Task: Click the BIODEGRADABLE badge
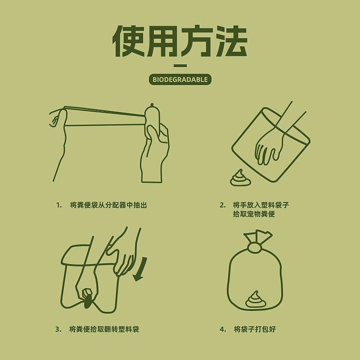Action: point(180,80)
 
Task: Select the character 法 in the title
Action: point(231,41)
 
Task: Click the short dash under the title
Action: point(180,66)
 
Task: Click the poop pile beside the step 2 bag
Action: point(240,178)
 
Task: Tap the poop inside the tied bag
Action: point(256,300)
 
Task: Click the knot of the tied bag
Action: point(255,247)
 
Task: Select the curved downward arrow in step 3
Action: point(141,269)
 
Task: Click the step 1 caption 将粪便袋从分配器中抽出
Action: point(108,205)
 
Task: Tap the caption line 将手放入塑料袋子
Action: point(261,205)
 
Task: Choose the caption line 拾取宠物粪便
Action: point(254,214)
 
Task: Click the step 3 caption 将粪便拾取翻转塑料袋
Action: point(104,329)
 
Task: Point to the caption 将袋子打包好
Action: point(255,329)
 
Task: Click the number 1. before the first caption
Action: point(59,205)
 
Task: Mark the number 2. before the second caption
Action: point(223,205)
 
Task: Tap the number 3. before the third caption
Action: point(58,329)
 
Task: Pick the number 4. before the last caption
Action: point(223,329)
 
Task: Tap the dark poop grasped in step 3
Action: point(87,301)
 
